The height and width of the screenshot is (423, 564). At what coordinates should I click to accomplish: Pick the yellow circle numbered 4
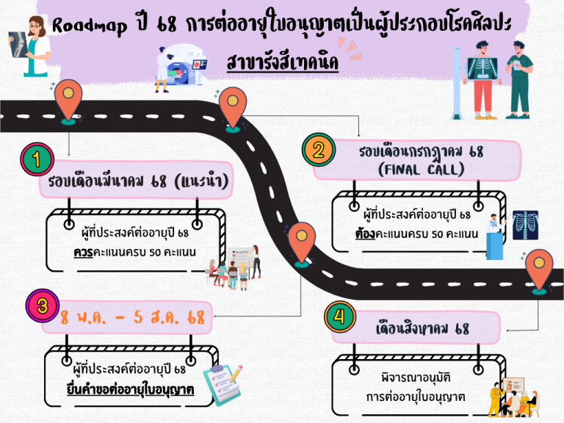click(339, 318)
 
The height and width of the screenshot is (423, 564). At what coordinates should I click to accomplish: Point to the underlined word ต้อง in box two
click(364, 234)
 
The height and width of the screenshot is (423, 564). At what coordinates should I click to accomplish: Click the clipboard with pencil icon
click(221, 382)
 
